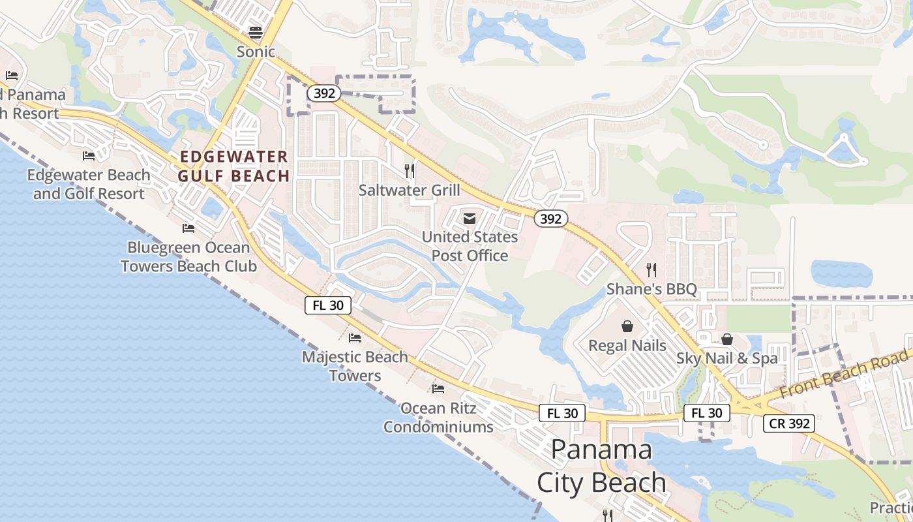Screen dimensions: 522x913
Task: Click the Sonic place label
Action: click(256, 52)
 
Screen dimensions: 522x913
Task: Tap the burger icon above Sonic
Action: click(256, 32)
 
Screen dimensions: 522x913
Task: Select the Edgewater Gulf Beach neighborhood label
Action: click(233, 166)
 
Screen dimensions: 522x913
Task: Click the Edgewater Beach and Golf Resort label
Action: click(89, 185)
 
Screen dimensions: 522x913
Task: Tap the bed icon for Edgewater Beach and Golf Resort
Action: click(89, 156)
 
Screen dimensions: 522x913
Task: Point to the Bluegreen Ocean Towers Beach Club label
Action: click(188, 257)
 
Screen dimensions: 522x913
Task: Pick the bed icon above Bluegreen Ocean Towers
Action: click(188, 228)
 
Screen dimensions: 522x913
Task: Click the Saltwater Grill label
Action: click(410, 191)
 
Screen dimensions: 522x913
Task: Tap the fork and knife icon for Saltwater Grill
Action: click(410, 171)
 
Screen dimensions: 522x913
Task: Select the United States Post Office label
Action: click(470, 246)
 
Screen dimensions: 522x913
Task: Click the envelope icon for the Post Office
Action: click(470, 219)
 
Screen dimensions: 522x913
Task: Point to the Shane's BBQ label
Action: click(651, 289)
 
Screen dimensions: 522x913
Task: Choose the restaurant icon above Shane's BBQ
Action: click(651, 269)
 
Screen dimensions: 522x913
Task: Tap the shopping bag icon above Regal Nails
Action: click(627, 326)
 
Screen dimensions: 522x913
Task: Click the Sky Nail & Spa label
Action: click(727, 358)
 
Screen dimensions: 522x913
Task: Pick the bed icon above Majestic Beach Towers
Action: click(355, 338)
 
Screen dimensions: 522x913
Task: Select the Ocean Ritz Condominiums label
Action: click(438, 418)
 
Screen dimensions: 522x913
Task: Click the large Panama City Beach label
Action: click(601, 466)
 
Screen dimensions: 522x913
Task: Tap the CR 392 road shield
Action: click(789, 423)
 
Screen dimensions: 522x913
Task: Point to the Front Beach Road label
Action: click(844, 374)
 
